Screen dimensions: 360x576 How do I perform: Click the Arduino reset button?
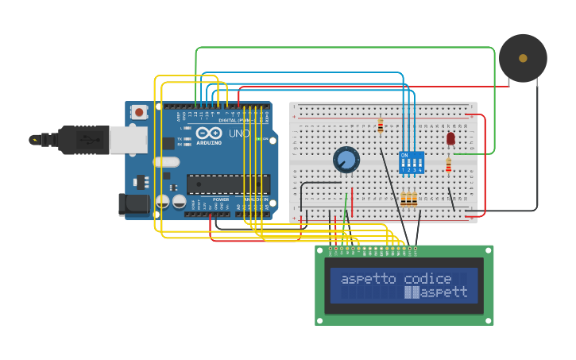point(140,112)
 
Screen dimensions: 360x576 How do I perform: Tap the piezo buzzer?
point(522,58)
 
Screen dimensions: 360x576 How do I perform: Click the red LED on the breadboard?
point(450,138)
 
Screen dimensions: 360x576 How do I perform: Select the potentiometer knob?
point(346,160)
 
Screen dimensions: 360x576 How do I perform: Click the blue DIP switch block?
point(411,163)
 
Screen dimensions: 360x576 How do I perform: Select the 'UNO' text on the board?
point(239,134)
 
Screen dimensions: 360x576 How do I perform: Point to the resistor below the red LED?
point(448,165)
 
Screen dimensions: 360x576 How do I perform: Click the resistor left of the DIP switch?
point(381,126)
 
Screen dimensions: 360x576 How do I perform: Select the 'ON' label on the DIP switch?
point(404,154)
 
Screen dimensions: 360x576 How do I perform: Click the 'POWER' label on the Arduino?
point(221,199)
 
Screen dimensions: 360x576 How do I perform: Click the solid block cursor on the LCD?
point(412,292)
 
